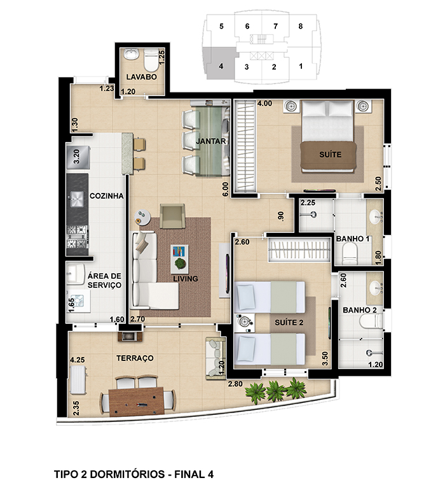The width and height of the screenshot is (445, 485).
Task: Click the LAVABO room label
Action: click(x=141, y=77)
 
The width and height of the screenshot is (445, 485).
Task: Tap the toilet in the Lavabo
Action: click(x=151, y=59)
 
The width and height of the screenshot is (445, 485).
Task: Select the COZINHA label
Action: click(x=107, y=196)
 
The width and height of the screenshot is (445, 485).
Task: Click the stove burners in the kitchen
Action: click(x=77, y=236)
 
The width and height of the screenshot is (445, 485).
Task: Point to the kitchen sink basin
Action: click(x=77, y=199)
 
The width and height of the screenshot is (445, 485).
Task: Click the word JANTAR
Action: click(x=211, y=141)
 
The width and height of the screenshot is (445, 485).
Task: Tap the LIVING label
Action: click(x=186, y=279)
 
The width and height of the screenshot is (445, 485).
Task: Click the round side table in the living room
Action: click(x=142, y=216)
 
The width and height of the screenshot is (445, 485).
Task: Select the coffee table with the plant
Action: click(x=179, y=259)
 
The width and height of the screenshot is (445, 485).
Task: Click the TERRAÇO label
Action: click(x=135, y=358)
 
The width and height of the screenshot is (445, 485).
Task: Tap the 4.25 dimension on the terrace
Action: click(x=77, y=360)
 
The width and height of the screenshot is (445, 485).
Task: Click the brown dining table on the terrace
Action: click(x=136, y=401)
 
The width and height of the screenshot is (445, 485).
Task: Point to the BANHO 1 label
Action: click(x=353, y=239)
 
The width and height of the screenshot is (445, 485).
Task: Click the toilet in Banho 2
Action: click(x=371, y=321)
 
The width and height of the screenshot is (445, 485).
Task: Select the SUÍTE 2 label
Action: click(x=289, y=323)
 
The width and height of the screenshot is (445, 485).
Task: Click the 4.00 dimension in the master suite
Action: click(x=265, y=103)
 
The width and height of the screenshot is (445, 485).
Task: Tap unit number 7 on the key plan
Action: click(x=276, y=26)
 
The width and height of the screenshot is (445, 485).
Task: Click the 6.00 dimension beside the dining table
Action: click(x=225, y=189)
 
